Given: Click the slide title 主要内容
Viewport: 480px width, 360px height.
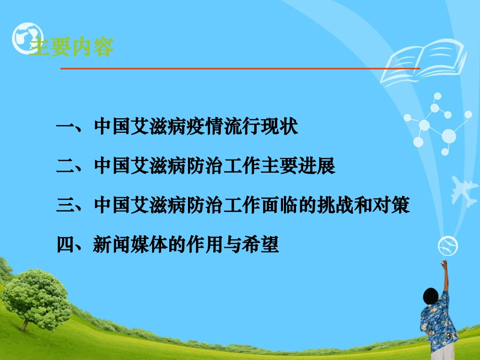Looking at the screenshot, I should tap(72, 47).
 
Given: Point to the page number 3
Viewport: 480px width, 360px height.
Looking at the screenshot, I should tap(448, 336).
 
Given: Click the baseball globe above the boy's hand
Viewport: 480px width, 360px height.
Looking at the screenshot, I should tap(448, 246).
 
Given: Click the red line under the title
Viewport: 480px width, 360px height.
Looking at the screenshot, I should tap(240, 68).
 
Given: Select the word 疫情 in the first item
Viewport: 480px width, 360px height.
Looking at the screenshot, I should tap(196, 126).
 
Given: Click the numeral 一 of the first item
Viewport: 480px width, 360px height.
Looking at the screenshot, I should tap(66, 127).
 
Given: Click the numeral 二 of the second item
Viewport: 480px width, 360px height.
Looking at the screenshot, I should tap(66, 166).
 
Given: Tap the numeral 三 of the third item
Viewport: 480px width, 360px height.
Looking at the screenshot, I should tap(66, 206).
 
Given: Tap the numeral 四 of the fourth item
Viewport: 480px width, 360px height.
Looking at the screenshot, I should tap(66, 245).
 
